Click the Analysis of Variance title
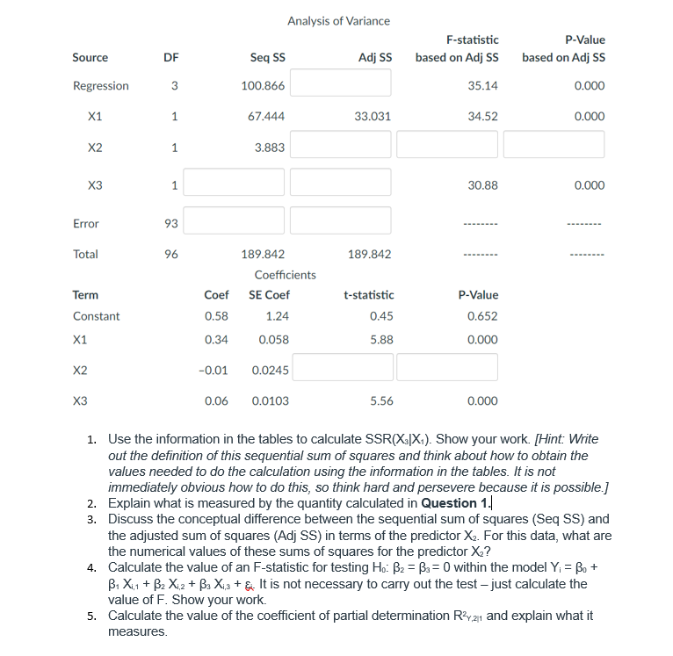338,21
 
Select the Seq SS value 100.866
263,86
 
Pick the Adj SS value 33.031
373,116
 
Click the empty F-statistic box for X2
446,145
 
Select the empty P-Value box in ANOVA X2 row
554,145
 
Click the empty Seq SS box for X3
234,183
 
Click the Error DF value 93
171,224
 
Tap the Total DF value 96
171,255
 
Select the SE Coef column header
270,295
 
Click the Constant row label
96,316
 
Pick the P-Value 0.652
483,316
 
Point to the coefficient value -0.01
215,371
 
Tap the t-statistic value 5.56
381,401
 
